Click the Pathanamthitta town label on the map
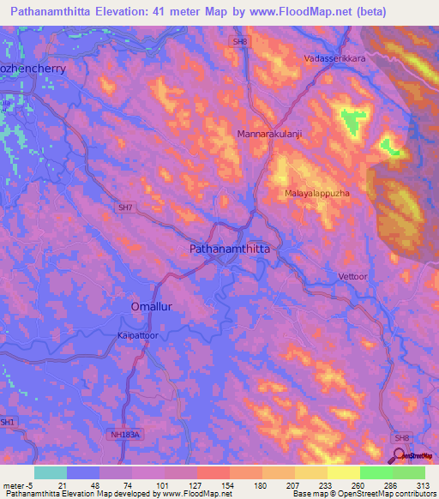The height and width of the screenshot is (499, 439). click(x=229, y=248)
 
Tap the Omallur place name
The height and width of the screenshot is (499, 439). click(x=153, y=306)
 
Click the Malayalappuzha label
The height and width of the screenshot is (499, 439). click(x=317, y=194)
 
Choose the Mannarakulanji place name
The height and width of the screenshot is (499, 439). click(x=270, y=135)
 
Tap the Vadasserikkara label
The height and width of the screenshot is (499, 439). click(x=334, y=59)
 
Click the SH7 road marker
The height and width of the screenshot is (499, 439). click(x=125, y=207)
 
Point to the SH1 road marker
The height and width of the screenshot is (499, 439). click(x=8, y=422)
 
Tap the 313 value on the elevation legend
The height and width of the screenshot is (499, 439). click(x=424, y=484)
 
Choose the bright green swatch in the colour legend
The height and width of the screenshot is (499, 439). click(x=376, y=472)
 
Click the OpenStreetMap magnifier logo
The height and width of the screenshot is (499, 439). click(x=400, y=455)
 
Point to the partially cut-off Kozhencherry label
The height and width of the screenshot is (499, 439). click(x=33, y=66)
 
